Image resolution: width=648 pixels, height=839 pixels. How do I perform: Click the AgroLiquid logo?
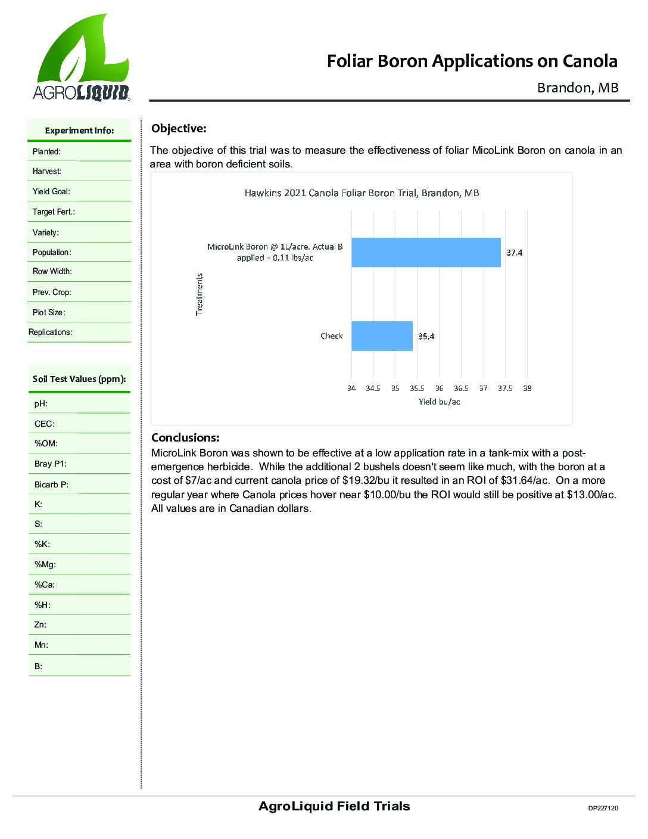pyautogui.click(x=82, y=58)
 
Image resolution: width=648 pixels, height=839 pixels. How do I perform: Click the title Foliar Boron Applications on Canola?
pyautogui.click(x=472, y=61)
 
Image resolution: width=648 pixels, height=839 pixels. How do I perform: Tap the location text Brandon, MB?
pyautogui.click(x=578, y=88)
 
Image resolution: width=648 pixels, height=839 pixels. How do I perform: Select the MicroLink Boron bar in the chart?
pyautogui.click(x=426, y=252)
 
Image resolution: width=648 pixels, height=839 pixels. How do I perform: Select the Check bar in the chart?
pyautogui.click(x=382, y=336)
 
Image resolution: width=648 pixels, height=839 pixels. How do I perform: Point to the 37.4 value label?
pyautogui.click(x=514, y=253)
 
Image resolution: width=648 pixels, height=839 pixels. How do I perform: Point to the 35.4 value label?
pyautogui.click(x=426, y=336)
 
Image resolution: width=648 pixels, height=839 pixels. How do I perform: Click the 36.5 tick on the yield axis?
pyautogui.click(x=461, y=389)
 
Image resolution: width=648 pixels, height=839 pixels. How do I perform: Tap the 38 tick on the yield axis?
pyautogui.click(x=527, y=389)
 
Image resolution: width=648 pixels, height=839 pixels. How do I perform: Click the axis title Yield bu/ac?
pyautogui.click(x=439, y=402)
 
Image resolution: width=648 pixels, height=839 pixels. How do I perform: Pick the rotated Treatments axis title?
pyautogui.click(x=199, y=294)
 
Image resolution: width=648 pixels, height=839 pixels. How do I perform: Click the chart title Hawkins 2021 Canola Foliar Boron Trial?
pyautogui.click(x=362, y=193)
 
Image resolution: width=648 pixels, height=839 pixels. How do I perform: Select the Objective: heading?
pyautogui.click(x=179, y=128)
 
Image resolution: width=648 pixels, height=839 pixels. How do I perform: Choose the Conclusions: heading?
pyautogui.click(x=185, y=437)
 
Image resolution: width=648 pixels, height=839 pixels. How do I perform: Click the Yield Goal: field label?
pyautogui.click(x=51, y=192)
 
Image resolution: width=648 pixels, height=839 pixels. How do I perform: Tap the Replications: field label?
pyautogui.click(x=51, y=332)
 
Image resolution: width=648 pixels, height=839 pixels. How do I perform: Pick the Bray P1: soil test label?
pyautogui.click(x=51, y=464)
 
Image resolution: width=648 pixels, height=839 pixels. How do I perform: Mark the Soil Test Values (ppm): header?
pyautogui.click(x=79, y=379)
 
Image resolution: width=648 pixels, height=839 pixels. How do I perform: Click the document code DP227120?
pyautogui.click(x=603, y=809)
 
